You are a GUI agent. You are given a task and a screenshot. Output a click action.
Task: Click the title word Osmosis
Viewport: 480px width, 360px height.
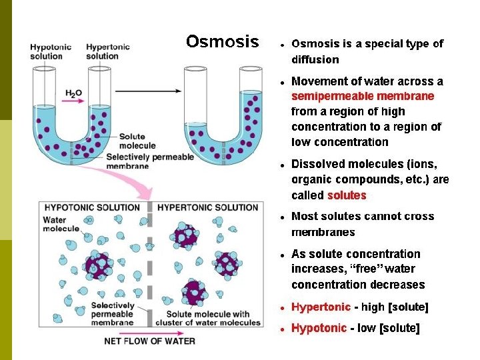click(x=222, y=43)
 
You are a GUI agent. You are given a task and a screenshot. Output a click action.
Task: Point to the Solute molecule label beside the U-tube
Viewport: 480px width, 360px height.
click(x=137, y=141)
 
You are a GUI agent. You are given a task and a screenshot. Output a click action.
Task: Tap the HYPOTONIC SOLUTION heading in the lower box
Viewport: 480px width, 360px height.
click(x=91, y=207)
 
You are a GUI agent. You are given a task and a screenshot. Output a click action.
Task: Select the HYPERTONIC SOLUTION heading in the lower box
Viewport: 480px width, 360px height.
click(x=207, y=207)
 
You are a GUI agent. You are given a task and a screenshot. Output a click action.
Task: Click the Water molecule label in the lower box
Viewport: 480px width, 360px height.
click(x=59, y=224)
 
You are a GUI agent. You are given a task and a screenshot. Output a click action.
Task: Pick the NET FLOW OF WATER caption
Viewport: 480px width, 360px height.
click(x=150, y=341)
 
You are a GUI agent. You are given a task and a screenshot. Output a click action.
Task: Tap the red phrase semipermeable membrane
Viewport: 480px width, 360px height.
click(x=363, y=97)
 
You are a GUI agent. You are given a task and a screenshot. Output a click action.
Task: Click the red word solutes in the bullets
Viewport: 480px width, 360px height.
click(x=347, y=195)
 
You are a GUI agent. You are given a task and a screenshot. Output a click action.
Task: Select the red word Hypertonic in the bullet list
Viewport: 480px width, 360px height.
click(x=321, y=307)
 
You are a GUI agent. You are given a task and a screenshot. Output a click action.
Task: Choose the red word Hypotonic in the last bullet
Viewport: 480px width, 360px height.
click(x=319, y=328)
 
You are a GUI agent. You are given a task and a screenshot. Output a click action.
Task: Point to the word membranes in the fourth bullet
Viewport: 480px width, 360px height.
click(x=323, y=232)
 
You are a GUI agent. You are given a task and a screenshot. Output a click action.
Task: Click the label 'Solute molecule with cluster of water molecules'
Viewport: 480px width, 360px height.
click(x=208, y=319)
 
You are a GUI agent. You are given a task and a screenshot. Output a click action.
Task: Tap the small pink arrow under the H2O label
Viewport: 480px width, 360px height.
click(x=75, y=101)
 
